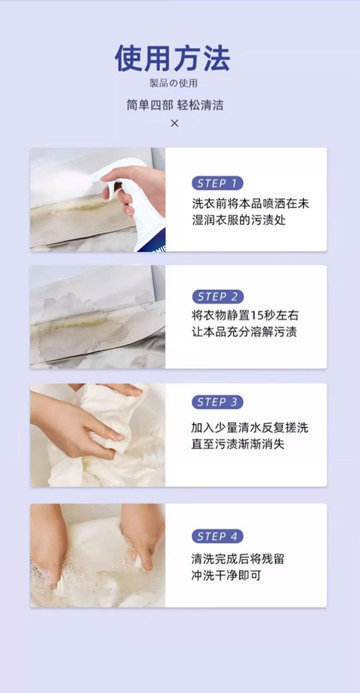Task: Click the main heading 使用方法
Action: tap(172, 58)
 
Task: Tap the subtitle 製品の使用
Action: tap(173, 83)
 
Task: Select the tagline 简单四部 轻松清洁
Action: tap(175, 105)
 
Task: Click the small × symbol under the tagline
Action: tap(175, 123)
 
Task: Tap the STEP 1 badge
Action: tap(217, 183)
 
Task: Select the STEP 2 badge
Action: tap(217, 297)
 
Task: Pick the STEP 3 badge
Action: tap(217, 402)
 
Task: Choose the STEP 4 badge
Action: tap(217, 536)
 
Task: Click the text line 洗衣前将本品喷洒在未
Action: tap(251, 203)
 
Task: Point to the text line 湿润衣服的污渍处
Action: tap(239, 220)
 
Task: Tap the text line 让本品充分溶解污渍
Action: tap(244, 332)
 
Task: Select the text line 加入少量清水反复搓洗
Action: tap(250, 428)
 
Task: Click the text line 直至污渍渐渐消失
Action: tap(238, 444)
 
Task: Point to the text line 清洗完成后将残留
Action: tap(238, 559)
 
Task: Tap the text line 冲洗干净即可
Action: tap(226, 575)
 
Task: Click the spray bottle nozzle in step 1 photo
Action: tap(96, 176)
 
